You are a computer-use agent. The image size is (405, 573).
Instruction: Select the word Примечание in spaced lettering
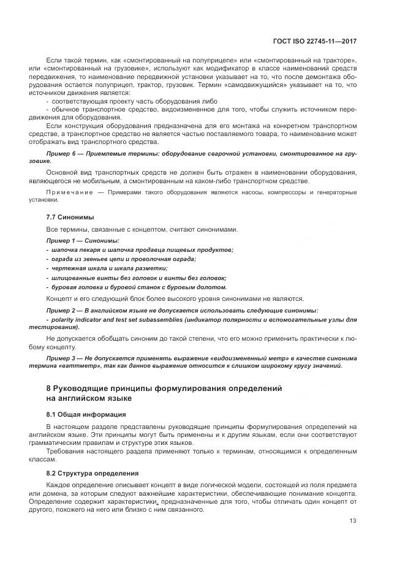click(x=67, y=193)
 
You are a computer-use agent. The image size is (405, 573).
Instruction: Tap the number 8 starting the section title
click(x=49, y=389)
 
